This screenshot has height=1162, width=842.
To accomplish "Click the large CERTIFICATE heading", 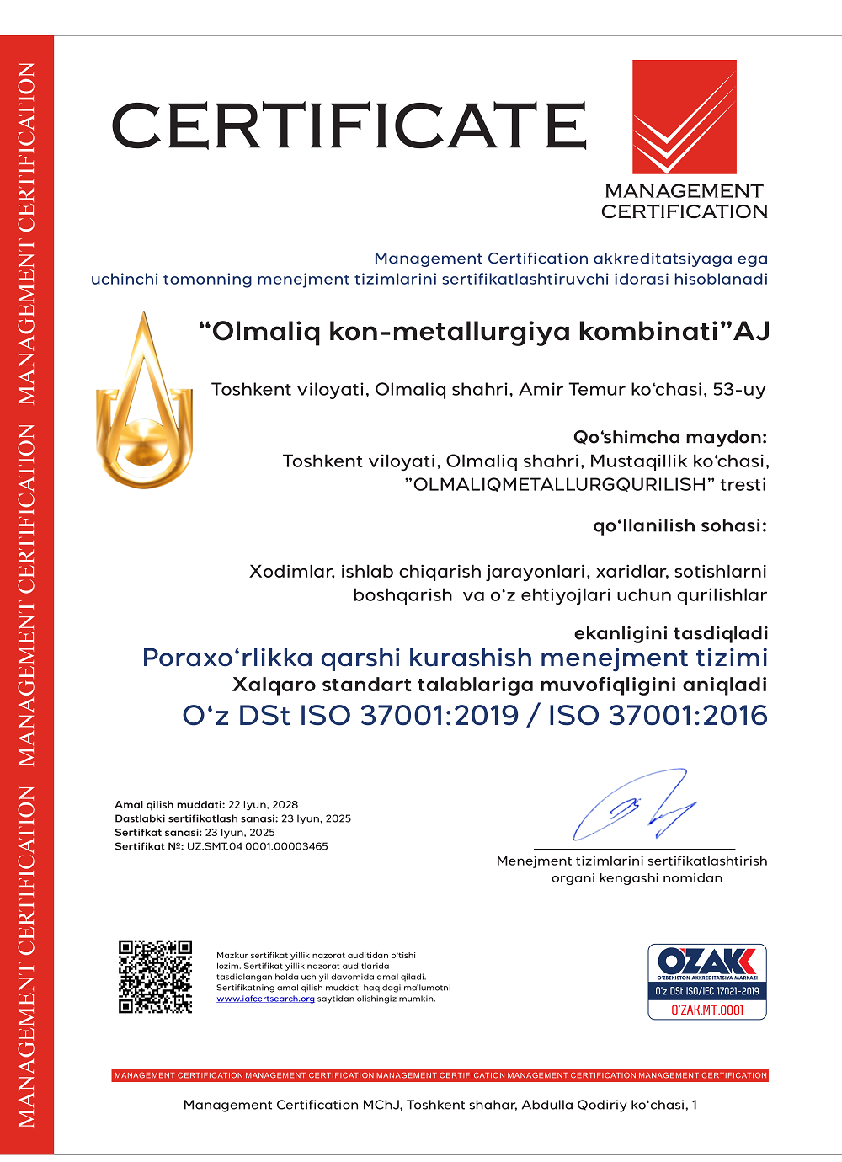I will pos(349,125).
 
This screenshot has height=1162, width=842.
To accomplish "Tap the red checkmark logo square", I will pos(684,116).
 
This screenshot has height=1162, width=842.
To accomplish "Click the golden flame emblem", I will pos(145,402).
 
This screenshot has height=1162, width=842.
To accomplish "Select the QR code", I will pos(155,977).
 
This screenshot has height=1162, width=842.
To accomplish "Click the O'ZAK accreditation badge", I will pos(706,981).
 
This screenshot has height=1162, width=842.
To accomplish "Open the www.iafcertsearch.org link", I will pos(265,999).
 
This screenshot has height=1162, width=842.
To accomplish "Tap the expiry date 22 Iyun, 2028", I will pos(263,804).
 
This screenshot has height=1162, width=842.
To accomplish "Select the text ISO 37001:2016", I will pos(658,715).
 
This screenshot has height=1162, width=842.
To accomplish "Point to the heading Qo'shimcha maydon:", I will pos(670,437).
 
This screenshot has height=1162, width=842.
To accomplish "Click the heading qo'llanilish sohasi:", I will pos(679,525).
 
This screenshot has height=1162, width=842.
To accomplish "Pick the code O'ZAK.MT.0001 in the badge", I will pos(706,1010).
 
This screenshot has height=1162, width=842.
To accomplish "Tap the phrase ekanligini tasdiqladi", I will pos(670,632).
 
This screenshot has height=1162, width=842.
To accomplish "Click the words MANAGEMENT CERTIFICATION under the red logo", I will pos(684,201).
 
